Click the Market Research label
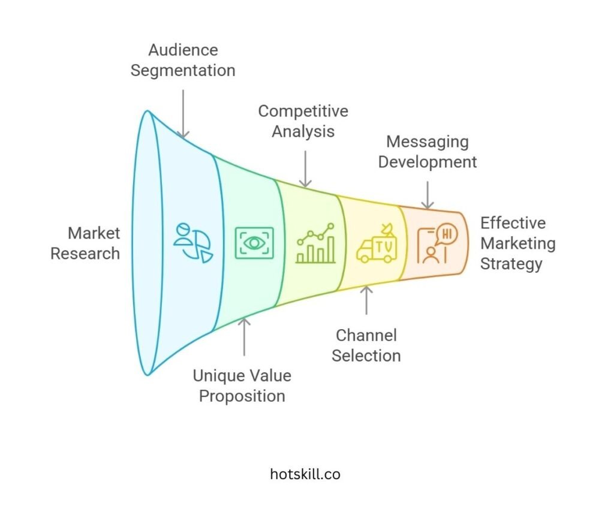85,243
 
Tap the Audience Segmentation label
183,60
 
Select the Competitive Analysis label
303,121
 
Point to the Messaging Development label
428,152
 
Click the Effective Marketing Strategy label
517,243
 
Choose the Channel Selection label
366,345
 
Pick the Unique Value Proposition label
242,385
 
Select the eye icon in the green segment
254,243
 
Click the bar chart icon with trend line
315,243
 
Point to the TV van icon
376,246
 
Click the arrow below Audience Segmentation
183,113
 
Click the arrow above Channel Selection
366,299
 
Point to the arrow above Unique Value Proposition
243,337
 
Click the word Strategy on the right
511,263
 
